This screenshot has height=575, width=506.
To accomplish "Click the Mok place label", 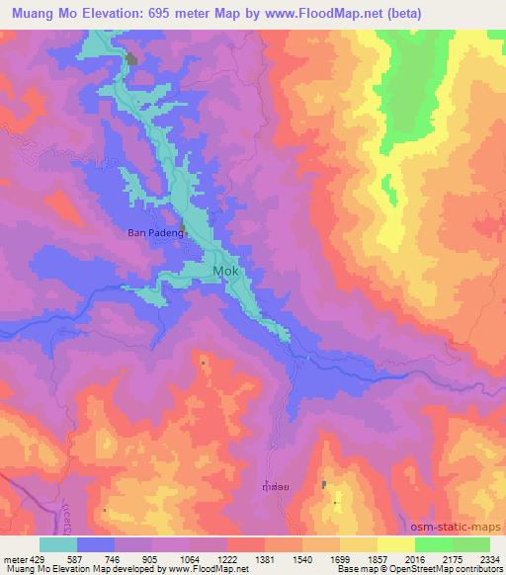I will (x=226, y=269).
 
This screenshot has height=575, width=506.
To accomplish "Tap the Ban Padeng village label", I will (x=155, y=233).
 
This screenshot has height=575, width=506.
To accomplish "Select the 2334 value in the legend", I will (x=489, y=559).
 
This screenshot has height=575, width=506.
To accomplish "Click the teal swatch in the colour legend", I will (x=58, y=544).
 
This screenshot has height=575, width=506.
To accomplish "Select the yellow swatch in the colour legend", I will (x=395, y=544).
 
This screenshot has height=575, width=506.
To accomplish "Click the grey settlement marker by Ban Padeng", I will (x=183, y=230).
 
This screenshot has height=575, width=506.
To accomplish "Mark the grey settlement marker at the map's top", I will (x=131, y=60).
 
